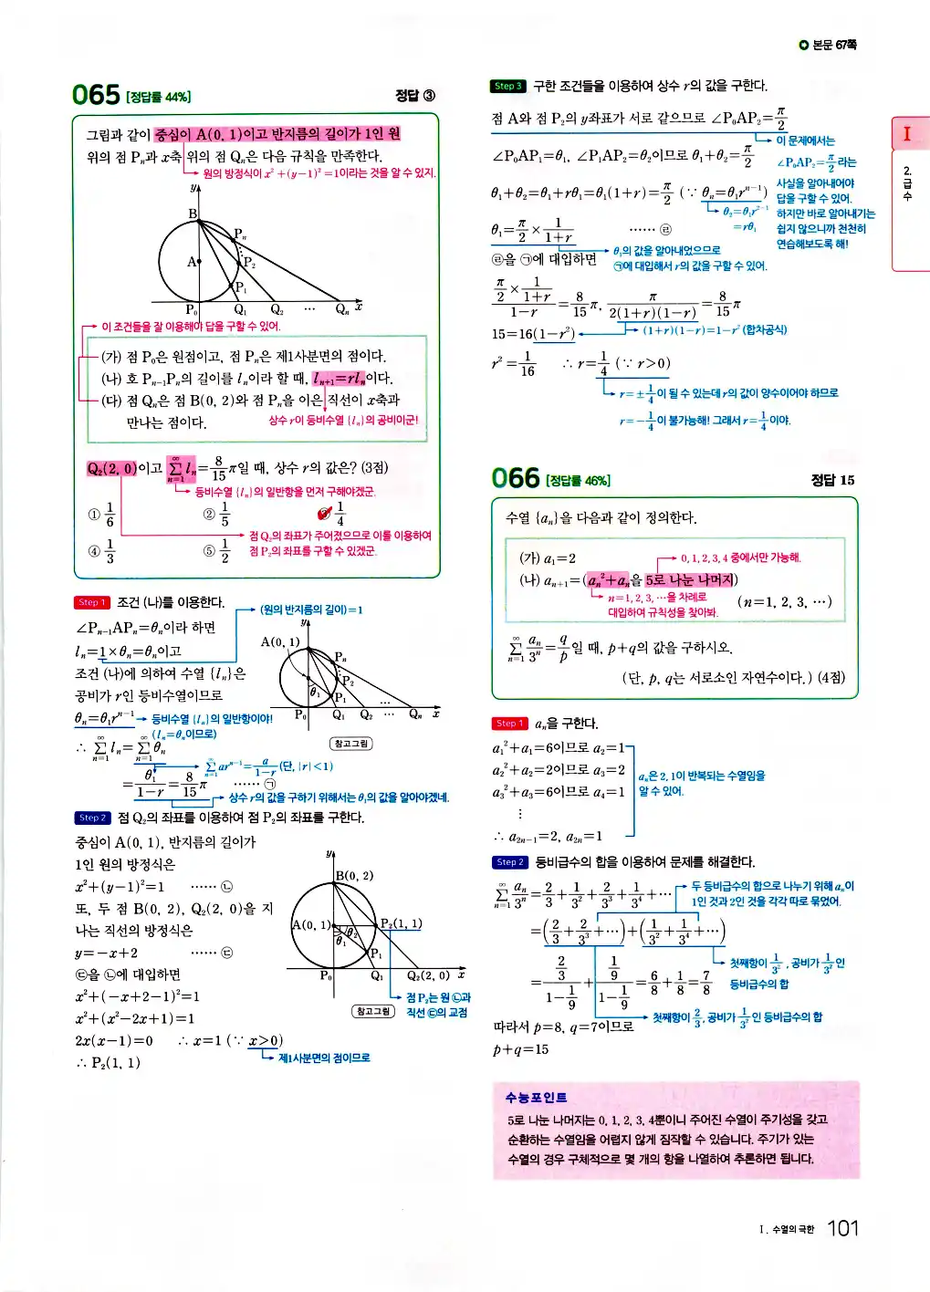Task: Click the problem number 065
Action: (x=96, y=95)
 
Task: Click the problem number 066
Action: (x=516, y=478)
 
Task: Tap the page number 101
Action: (x=842, y=1228)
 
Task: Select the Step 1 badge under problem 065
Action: (x=91, y=602)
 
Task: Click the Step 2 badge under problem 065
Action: (x=92, y=818)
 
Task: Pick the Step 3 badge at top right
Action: (x=508, y=86)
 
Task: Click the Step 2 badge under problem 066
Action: (x=509, y=862)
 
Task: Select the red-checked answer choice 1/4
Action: (x=332, y=515)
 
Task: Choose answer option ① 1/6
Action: (x=102, y=515)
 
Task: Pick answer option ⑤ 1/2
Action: (x=217, y=550)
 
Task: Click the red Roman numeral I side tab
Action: (x=906, y=134)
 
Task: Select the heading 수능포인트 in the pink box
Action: (x=536, y=1098)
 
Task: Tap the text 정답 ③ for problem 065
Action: (x=415, y=96)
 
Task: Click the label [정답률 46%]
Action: (x=578, y=481)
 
